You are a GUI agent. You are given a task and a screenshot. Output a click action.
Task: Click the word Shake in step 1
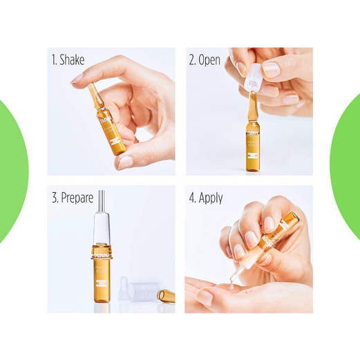(x=72, y=60)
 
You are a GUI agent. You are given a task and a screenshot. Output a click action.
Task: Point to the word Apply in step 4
(x=211, y=198)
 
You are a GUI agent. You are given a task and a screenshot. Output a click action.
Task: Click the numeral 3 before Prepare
(x=54, y=198)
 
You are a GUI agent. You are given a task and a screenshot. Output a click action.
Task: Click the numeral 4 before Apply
(x=192, y=198)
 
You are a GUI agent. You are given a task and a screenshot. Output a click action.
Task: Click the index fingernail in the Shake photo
(x=77, y=79)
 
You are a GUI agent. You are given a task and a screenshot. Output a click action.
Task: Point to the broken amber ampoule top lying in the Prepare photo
(x=166, y=296)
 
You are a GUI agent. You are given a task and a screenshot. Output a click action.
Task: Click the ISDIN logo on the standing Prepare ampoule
(x=101, y=254)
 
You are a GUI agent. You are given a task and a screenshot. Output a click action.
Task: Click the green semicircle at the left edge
(x=12, y=169)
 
